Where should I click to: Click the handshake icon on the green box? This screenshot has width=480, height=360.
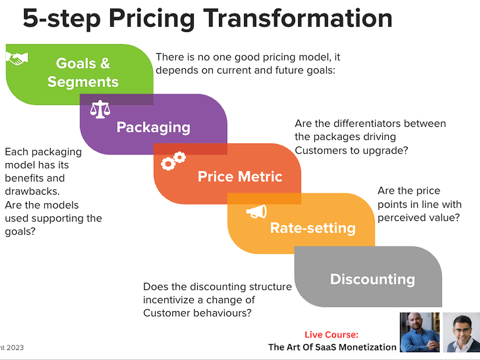click(17, 58)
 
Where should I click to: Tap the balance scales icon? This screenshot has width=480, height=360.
click(100, 109)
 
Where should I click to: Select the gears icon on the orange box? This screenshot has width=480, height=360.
click(173, 161)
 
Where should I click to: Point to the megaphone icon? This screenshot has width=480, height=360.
click(256, 211)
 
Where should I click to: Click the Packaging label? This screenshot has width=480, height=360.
click(153, 127)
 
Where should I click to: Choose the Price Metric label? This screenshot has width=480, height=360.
click(240, 176)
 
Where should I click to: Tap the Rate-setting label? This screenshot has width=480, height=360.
click(313, 228)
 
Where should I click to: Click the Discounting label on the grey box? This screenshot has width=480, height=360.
click(372, 279)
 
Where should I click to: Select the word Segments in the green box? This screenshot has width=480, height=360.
click(83, 82)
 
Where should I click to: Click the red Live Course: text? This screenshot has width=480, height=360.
click(332, 335)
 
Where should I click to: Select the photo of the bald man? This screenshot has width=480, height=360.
click(419, 332)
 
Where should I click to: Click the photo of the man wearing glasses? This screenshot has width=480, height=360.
click(462, 332)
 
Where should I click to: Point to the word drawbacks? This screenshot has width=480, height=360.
click(32, 191)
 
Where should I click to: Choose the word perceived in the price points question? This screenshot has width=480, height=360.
click(400, 218)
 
